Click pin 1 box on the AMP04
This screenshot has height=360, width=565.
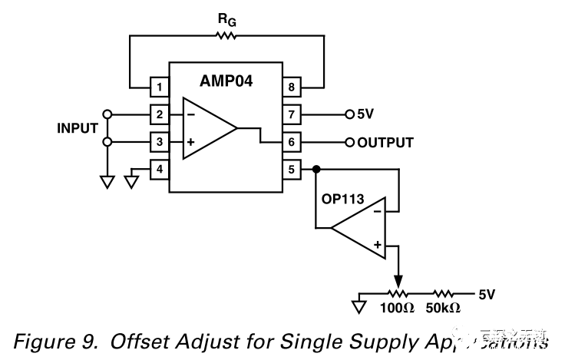pyautogui.click(x=159, y=86)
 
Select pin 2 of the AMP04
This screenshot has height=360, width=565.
pyautogui.click(x=159, y=114)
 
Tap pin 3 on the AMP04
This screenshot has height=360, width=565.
pyautogui.click(x=159, y=142)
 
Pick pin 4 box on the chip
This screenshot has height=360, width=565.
pyautogui.click(x=159, y=170)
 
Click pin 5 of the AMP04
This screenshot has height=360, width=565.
pyautogui.click(x=291, y=170)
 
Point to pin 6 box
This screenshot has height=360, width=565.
pyautogui.click(x=291, y=142)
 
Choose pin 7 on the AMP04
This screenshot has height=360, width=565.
pyautogui.click(x=291, y=114)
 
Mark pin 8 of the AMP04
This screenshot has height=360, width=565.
pyautogui.click(x=291, y=86)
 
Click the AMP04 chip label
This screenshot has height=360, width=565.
pyautogui.click(x=226, y=80)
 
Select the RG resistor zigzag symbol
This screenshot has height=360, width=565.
pyautogui.click(x=226, y=35)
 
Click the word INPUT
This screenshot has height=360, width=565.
pyautogui.click(x=78, y=128)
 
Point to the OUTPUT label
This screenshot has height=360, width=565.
pyautogui.click(x=385, y=143)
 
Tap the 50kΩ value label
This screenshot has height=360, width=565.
pyautogui.click(x=443, y=308)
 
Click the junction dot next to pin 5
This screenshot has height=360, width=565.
pyautogui.click(x=316, y=170)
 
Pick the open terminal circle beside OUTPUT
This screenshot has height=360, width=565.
pyautogui.click(x=350, y=142)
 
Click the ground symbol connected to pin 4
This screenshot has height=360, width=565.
pyautogui.click(x=132, y=181)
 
